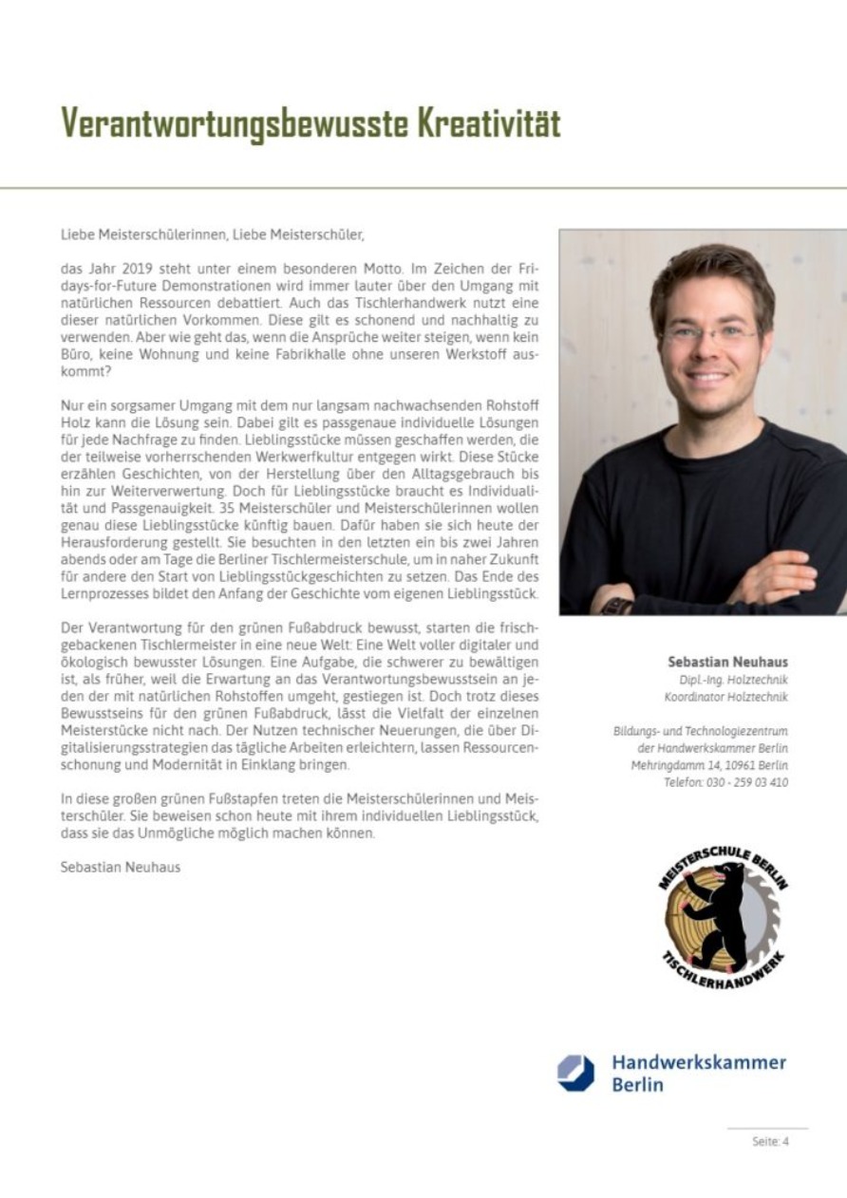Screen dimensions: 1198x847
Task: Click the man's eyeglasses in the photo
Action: pos(711,332)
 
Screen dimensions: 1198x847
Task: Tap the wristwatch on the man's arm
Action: pos(616,605)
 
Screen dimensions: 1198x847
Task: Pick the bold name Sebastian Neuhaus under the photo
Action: pos(727,662)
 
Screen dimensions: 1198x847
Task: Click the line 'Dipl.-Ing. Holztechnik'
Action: pos(736,680)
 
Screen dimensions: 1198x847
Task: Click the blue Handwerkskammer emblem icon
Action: pos(575,1073)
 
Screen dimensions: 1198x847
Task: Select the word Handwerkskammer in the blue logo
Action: pos(698,1062)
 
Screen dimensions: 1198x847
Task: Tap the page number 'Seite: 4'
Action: pos(769,1142)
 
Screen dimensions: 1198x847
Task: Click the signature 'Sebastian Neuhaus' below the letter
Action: pos(120,867)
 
